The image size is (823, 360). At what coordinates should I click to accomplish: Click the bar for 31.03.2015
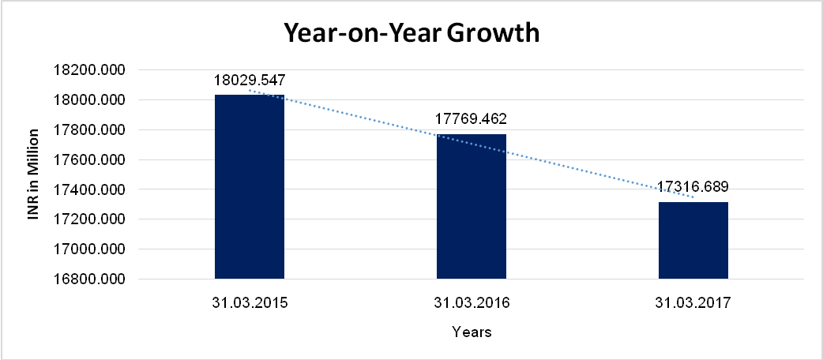click(249, 186)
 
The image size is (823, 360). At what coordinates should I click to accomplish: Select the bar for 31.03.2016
click(472, 206)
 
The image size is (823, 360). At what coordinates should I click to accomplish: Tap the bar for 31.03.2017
click(693, 240)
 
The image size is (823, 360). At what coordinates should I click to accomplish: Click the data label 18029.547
click(249, 80)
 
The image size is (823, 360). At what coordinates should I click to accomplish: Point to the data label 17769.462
click(471, 120)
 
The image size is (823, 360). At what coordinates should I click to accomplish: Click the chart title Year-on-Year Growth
click(411, 34)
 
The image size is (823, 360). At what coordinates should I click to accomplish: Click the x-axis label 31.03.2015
click(249, 302)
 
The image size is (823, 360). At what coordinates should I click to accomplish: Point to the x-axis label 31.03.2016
click(472, 302)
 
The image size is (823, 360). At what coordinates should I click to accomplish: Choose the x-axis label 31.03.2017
click(693, 302)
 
